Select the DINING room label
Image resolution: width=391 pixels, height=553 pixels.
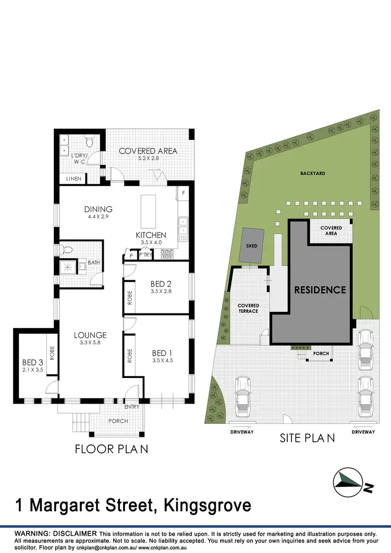(99, 209)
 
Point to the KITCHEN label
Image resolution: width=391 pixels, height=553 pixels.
(151, 235)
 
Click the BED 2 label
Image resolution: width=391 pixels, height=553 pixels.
(161, 284)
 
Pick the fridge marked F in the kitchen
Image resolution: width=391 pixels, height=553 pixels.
(183, 194)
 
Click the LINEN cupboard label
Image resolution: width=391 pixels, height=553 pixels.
(73, 179)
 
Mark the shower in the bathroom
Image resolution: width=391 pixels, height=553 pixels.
(66, 267)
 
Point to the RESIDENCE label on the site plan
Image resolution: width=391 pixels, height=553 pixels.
(320, 290)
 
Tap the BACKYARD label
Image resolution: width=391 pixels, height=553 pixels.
(312, 173)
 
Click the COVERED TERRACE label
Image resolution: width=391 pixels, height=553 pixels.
(248, 308)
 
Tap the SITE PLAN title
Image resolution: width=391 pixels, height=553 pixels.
(307, 438)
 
